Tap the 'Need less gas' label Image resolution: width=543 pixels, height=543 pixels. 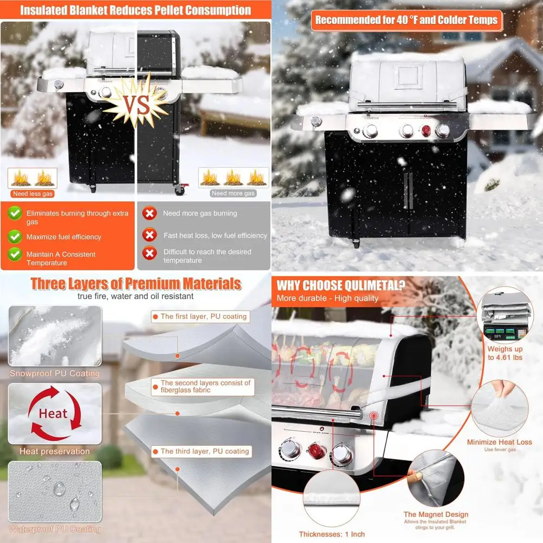32,193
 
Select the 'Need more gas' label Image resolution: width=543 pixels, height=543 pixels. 233,193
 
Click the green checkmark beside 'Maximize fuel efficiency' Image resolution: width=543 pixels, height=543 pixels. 15,237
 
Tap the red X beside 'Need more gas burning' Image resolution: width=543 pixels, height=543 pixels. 149,213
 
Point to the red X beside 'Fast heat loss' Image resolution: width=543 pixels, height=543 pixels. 149,236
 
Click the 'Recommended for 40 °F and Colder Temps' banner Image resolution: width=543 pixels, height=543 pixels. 406,21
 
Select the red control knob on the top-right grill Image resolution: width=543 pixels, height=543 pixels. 426,131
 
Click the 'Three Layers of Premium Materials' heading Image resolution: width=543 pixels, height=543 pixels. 136,283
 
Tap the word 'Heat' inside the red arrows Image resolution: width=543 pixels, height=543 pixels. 53,414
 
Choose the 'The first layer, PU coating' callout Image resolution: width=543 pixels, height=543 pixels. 204,317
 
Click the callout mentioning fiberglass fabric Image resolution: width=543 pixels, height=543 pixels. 206,387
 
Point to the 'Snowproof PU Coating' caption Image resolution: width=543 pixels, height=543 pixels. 54,374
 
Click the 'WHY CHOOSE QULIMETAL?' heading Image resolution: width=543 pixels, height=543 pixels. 340,286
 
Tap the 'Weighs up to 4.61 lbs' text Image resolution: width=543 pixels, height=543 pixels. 506,353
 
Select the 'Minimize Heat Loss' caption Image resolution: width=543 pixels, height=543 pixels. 497,442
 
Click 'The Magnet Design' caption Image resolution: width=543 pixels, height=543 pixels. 435,514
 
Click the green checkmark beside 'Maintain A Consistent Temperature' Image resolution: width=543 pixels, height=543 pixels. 15,254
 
